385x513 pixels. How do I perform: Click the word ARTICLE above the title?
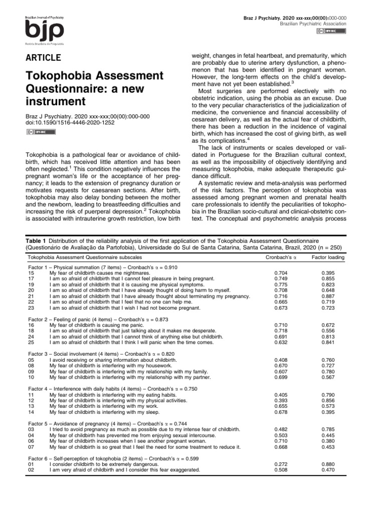[43, 57]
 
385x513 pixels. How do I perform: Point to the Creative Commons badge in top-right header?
[331, 32]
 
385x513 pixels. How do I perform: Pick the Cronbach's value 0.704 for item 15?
[281, 273]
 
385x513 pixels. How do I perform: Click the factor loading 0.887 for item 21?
[328, 296]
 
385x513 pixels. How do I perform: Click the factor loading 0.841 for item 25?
[328, 342]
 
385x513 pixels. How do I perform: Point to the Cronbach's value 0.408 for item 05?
[281, 359]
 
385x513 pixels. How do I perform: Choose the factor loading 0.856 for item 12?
[328, 401]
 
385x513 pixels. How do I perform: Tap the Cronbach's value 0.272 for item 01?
[281, 464]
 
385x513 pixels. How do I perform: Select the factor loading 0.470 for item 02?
[328, 470]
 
